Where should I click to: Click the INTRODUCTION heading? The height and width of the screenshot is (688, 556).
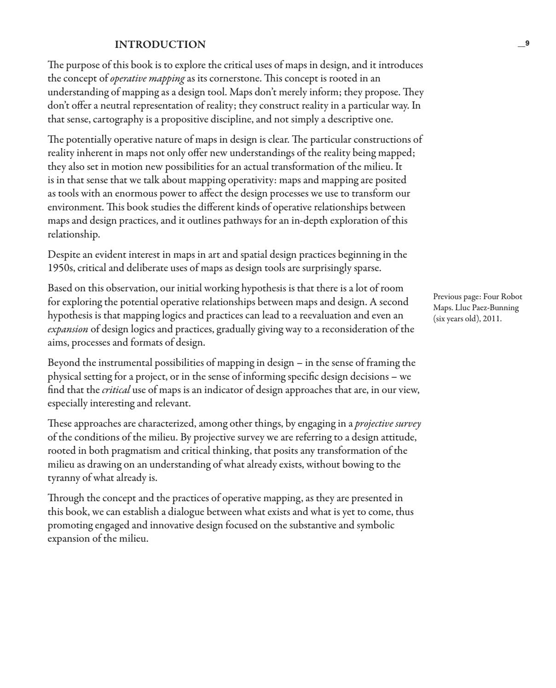click(160, 45)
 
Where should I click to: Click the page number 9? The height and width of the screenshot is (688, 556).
click(527, 43)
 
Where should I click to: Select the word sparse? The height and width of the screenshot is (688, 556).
click(367, 268)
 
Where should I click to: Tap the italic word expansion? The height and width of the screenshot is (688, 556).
click(68, 329)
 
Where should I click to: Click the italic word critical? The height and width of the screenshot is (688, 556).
click(116, 390)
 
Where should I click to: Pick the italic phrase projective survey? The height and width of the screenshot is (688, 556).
click(388, 423)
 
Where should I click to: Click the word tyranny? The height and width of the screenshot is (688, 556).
click(63, 478)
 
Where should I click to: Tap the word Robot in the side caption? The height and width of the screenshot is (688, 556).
click(511, 296)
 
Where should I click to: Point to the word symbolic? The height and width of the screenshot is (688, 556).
click(376, 525)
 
